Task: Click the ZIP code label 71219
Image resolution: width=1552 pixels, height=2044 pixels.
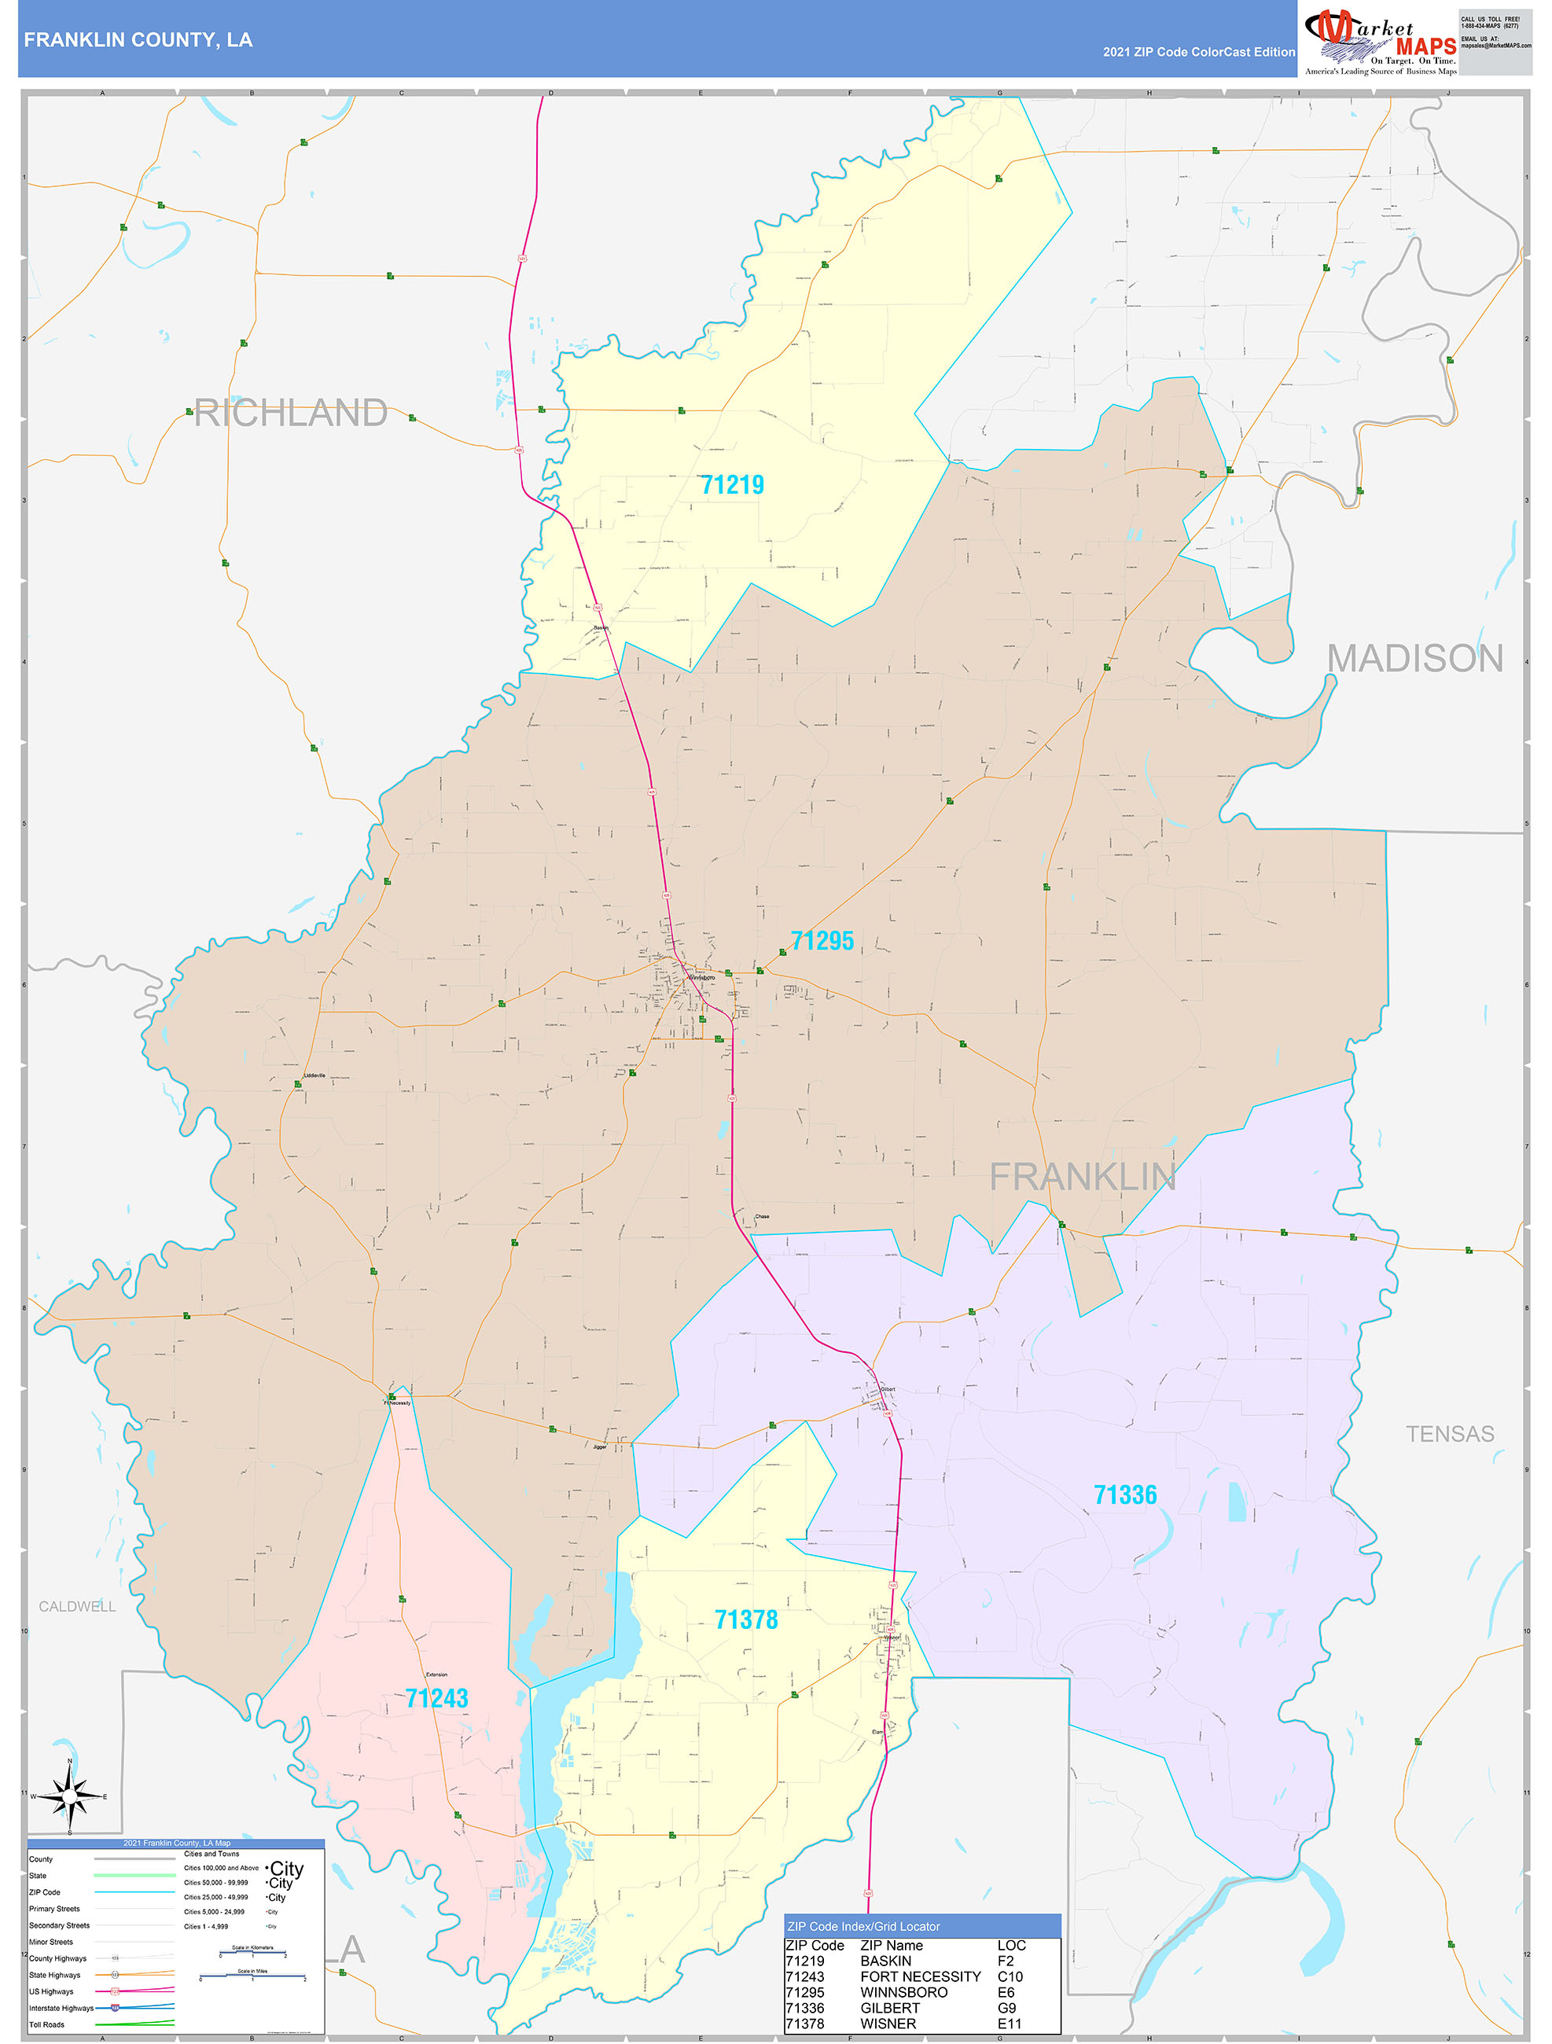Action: pyautogui.click(x=731, y=484)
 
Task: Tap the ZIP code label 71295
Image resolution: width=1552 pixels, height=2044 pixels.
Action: pyautogui.click(x=822, y=941)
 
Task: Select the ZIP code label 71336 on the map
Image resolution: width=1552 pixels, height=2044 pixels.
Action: pyautogui.click(x=1124, y=1494)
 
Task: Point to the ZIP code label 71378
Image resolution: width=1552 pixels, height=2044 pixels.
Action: pyautogui.click(x=746, y=1619)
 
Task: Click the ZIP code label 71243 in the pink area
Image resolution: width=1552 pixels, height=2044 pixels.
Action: pyautogui.click(x=436, y=1697)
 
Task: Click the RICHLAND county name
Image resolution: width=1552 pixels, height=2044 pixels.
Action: pyautogui.click(x=290, y=413)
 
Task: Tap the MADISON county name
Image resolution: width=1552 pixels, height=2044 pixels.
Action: pyautogui.click(x=1414, y=659)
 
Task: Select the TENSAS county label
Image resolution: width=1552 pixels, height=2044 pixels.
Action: pyautogui.click(x=1448, y=1433)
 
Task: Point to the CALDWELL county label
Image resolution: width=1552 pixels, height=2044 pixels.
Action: pyautogui.click(x=77, y=1606)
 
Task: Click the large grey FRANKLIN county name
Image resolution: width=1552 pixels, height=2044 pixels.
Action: pyautogui.click(x=1082, y=1177)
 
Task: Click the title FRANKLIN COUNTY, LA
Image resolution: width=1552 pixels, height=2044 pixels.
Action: pyautogui.click(x=138, y=40)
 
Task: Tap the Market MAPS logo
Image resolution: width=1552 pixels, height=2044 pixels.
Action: pyautogui.click(x=1379, y=39)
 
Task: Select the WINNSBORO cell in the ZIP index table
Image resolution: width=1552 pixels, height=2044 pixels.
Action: pyautogui.click(x=903, y=1992)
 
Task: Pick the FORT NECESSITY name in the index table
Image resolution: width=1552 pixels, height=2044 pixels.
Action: pyautogui.click(x=920, y=1976)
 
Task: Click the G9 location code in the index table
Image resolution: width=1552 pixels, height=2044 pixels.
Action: pyautogui.click(x=1006, y=2008)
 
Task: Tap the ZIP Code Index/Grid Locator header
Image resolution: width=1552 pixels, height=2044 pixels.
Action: pyautogui.click(x=862, y=1927)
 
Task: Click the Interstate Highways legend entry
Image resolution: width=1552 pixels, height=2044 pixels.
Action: pyautogui.click(x=61, y=2008)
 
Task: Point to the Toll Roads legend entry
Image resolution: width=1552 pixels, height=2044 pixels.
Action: pyautogui.click(x=46, y=2024)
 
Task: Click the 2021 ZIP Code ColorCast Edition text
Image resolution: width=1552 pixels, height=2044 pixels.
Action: pyautogui.click(x=1198, y=52)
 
